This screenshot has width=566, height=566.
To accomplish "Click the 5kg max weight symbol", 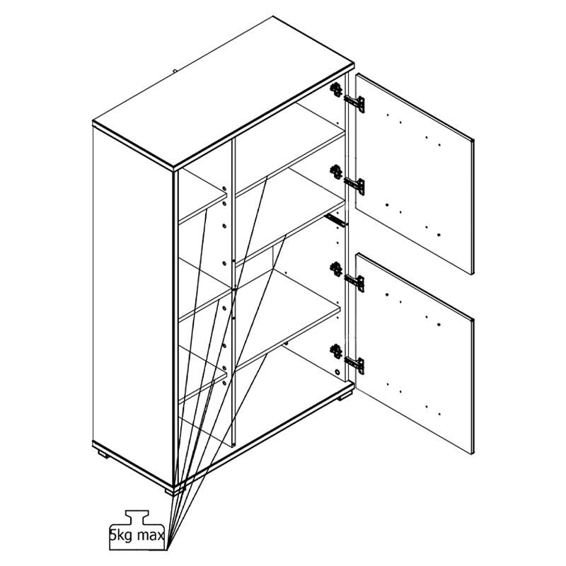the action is (137, 534).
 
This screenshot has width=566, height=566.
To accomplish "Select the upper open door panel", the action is (414, 173).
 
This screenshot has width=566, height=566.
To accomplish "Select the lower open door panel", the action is (414, 353).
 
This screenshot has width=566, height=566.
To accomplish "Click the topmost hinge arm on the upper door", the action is (354, 103).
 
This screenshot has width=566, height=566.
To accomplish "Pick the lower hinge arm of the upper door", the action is (354, 185).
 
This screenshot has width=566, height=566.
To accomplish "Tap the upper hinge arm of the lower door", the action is (354, 282).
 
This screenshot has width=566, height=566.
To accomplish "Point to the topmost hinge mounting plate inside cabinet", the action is (336, 89).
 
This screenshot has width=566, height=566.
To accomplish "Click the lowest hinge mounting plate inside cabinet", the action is (336, 351).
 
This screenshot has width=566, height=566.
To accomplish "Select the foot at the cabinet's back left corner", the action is (103, 454).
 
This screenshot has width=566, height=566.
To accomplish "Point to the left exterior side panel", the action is (133, 306).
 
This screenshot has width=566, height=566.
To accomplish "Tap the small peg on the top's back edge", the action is (175, 71).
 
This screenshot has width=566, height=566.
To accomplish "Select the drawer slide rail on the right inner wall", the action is (335, 220).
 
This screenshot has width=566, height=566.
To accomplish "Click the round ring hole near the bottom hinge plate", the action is (337, 372).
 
